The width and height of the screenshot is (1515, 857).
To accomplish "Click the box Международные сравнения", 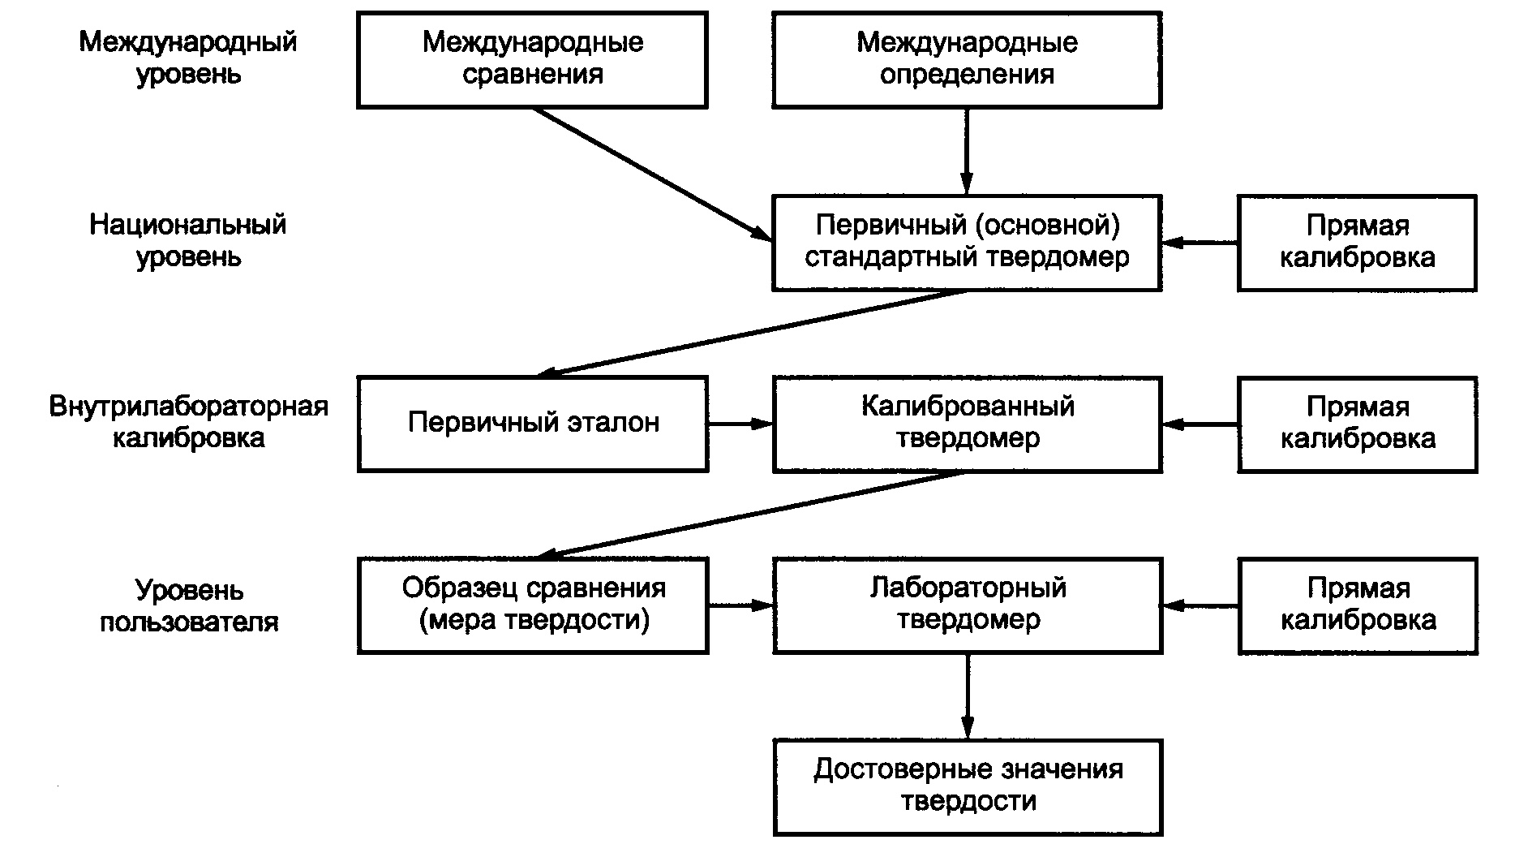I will click(532, 59).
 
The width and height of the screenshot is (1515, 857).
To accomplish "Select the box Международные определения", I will click(967, 59).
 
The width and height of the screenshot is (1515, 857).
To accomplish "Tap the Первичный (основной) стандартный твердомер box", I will click(967, 242).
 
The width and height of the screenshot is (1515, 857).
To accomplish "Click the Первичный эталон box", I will click(532, 424).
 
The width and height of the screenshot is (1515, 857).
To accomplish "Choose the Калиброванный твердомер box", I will click(967, 424).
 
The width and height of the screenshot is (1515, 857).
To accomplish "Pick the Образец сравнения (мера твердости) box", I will click(532, 605).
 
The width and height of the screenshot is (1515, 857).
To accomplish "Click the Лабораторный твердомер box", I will click(967, 605).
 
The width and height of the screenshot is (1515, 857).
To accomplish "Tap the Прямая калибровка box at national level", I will click(1357, 242).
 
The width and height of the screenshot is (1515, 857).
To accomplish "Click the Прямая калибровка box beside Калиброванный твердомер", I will click(1357, 424).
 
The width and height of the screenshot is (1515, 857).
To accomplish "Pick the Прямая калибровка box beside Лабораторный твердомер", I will click(1357, 605).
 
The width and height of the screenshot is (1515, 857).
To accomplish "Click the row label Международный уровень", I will click(188, 58).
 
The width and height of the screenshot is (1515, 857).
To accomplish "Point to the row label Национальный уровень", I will click(188, 241).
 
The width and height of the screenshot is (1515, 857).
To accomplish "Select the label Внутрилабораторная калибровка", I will click(188, 422).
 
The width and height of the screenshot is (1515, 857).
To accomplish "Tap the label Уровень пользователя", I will click(188, 605).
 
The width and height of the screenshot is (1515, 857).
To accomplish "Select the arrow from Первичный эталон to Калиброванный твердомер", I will click(740, 424).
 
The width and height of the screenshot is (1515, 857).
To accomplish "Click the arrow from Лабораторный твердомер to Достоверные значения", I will click(967, 696).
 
